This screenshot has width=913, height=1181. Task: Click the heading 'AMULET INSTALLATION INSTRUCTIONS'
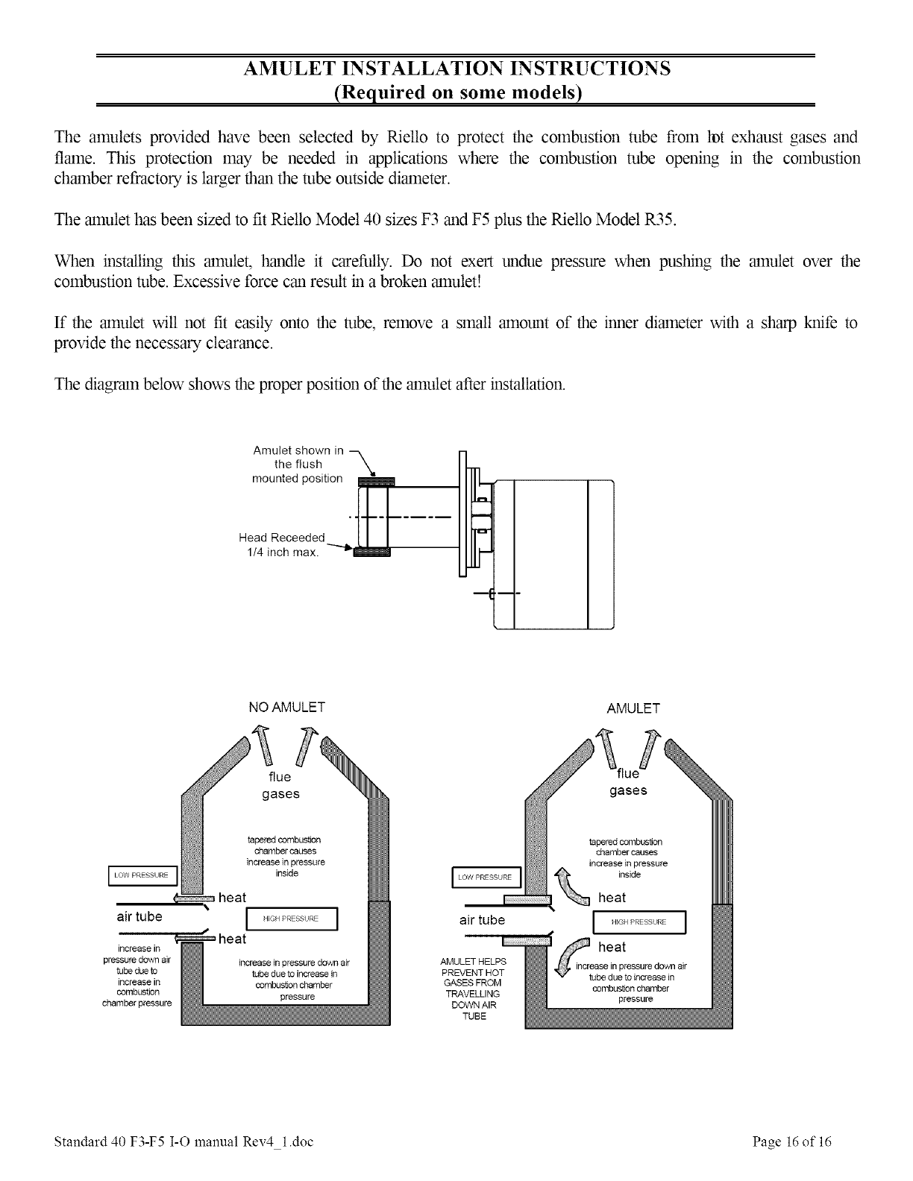click(456, 69)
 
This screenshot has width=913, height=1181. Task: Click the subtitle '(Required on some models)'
click(456, 92)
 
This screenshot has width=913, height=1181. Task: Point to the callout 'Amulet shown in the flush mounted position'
click(298, 464)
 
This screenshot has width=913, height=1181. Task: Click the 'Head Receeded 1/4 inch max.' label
click(282, 545)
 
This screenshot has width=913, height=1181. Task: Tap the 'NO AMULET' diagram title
click(286, 707)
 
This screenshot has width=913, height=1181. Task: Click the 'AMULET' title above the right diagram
click(634, 708)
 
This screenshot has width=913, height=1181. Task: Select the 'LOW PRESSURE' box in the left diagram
click(141, 875)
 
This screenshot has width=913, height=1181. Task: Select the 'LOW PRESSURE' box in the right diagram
click(485, 877)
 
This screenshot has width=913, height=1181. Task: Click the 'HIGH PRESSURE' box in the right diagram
click(638, 922)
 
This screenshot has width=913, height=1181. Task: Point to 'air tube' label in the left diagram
click(139, 916)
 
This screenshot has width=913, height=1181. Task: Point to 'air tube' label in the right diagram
click(482, 920)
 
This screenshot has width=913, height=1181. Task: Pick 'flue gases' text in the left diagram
click(280, 785)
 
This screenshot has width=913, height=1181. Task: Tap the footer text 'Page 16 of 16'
click(792, 1142)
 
